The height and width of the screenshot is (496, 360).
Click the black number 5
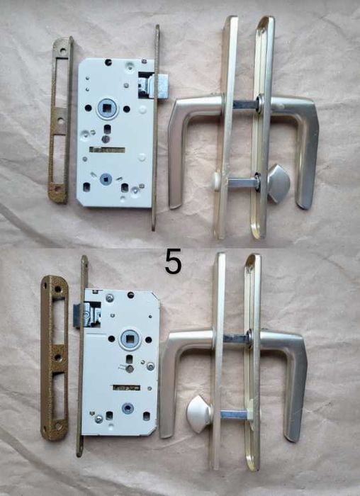173,261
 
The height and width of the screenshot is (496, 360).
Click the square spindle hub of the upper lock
107,109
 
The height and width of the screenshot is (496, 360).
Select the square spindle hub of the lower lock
130,339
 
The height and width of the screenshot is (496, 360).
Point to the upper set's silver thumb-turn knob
279,183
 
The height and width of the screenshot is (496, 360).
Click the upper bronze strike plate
60,120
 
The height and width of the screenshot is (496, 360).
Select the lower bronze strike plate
54,358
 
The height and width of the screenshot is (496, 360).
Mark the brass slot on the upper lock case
107,150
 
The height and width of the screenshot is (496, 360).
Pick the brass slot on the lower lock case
127,387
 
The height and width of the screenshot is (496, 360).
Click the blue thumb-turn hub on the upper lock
106,179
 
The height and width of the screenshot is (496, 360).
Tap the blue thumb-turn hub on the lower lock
128,408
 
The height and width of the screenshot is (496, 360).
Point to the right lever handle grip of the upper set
306,155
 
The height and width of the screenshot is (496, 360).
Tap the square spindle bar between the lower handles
236,339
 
